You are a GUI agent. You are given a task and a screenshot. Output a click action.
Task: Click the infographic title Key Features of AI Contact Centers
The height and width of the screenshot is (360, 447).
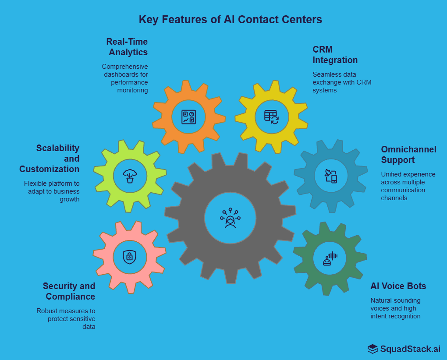pos(230,20)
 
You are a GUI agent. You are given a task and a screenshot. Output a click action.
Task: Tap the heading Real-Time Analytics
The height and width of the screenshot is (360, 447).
pos(127,47)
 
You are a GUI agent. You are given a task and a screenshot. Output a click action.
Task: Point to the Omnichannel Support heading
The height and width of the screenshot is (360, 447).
pos(408,155)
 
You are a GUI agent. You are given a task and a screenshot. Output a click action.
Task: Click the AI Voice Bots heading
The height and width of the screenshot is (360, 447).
pos(398,286)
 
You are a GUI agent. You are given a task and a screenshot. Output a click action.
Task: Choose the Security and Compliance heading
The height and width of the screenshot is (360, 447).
pos(69,291)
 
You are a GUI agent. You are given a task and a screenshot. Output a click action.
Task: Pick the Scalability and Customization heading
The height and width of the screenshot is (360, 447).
pos(50,159)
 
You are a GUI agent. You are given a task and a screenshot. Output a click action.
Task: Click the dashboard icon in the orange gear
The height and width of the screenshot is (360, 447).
pos(189,117)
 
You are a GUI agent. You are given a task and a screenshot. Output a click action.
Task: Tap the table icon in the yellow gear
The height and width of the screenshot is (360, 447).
pos(271,117)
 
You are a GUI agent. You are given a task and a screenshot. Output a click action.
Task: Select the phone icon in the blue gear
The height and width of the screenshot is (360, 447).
pos(331,176)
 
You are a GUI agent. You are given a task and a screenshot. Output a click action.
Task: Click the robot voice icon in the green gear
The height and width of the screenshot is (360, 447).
pos(330,258)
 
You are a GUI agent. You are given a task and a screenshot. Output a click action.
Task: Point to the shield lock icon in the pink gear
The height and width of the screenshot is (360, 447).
pos(129,256)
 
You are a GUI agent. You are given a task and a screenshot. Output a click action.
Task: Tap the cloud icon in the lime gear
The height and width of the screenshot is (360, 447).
pos(130,176)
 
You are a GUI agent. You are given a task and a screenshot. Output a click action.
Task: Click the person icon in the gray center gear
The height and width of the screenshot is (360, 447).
pos(230,218)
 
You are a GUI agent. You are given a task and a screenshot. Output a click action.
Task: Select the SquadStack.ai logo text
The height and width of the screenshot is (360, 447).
pos(410,349)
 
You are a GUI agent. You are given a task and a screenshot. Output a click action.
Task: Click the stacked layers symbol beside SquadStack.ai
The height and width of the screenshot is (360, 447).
pos(372,349)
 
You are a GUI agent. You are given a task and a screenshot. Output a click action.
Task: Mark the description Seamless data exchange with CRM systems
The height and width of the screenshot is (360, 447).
pos(342,82)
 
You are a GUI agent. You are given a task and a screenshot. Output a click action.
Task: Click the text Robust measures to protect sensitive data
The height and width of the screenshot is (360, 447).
pos(66,318)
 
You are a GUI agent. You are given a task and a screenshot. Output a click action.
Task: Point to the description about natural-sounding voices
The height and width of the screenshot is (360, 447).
pos(395,308)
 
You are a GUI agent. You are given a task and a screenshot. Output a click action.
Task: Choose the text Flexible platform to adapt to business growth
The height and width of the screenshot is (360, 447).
pos(52,191)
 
